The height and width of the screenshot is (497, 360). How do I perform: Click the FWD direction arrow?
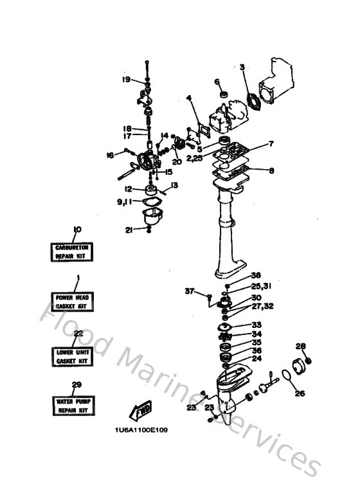(x=141, y=410)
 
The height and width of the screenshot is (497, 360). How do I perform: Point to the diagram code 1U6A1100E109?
(x=141, y=430)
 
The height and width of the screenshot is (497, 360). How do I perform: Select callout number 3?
(x=242, y=67)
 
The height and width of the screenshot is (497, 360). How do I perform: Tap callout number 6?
(x=217, y=82)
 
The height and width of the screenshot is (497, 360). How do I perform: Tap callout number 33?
(x=256, y=325)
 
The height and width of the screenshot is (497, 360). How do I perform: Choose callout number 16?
(x=110, y=154)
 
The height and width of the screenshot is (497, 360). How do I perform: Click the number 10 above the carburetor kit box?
(x=77, y=229)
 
